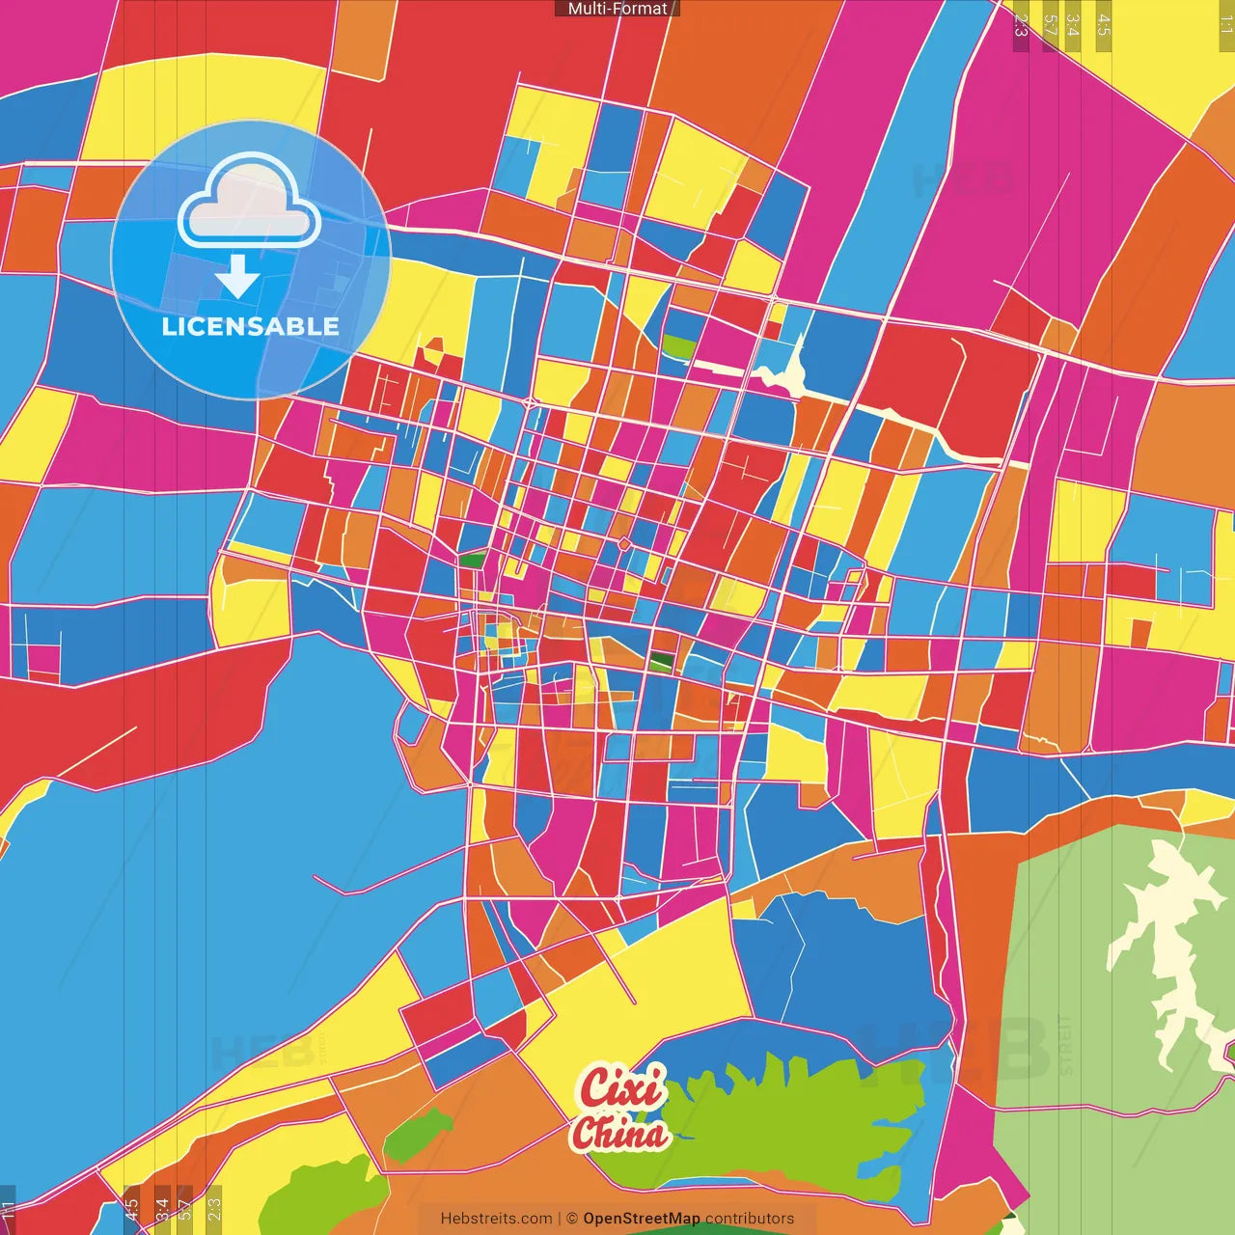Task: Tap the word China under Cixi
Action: point(620,1134)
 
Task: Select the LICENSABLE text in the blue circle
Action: point(250,326)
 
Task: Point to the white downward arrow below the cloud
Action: point(237,278)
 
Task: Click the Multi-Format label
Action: point(617,9)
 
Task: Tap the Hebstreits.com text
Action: point(496,1219)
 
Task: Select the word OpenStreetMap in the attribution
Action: point(641,1219)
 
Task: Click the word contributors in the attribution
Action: point(750,1219)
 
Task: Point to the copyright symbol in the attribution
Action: point(572,1219)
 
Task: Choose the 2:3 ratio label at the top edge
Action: point(1021,25)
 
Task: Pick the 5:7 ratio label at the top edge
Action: point(1050,25)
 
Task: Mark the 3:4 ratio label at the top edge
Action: point(1072,25)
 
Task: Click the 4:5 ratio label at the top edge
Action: point(1104,25)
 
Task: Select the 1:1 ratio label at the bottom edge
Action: point(9,1210)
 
